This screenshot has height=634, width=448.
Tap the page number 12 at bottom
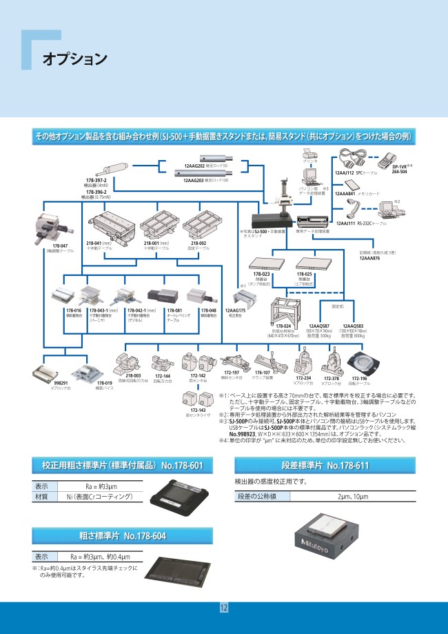click(223, 608)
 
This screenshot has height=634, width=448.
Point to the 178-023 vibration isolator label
click(261, 274)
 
